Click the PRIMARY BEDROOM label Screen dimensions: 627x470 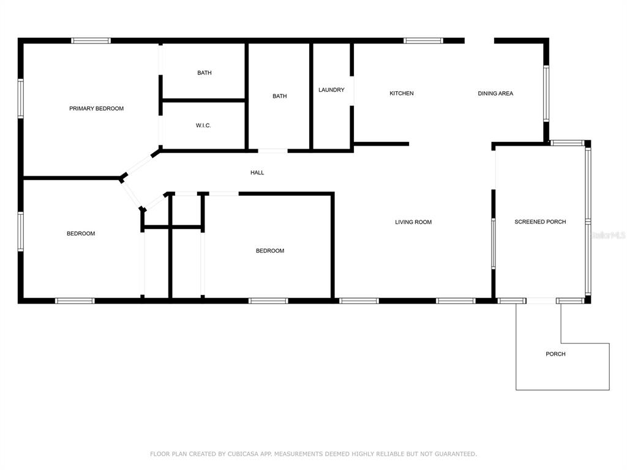[x=96, y=108]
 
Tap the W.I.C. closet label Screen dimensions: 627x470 [x=203, y=125]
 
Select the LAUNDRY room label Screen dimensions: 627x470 [x=331, y=90]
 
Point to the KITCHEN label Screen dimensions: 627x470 [x=402, y=93]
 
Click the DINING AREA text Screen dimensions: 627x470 [x=495, y=93]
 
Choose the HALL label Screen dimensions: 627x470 [x=257, y=173]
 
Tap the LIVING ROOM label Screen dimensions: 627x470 [x=413, y=222]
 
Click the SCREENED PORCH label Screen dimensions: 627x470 [x=540, y=222]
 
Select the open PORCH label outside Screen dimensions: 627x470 [x=555, y=354]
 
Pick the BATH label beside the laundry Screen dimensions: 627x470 [x=279, y=96]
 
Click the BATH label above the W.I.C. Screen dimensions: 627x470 [x=205, y=73]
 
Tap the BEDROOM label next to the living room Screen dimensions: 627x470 [x=270, y=251]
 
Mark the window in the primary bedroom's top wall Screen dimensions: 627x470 [x=91, y=40]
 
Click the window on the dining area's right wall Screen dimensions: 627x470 [x=546, y=93]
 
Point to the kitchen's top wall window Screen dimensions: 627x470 [x=423, y=40]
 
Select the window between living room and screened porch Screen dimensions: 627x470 [x=493, y=244]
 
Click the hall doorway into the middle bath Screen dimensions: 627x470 [x=272, y=151]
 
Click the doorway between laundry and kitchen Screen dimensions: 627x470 [x=352, y=91]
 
